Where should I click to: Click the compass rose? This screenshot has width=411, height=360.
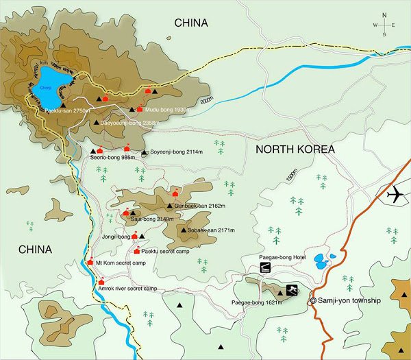(x=384, y=25)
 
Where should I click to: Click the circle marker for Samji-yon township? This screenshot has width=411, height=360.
(x=314, y=300)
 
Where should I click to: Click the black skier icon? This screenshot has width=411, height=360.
(x=292, y=289)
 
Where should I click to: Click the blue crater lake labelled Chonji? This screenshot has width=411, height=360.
(x=46, y=85)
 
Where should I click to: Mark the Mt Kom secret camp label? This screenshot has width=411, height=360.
(x=121, y=263)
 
